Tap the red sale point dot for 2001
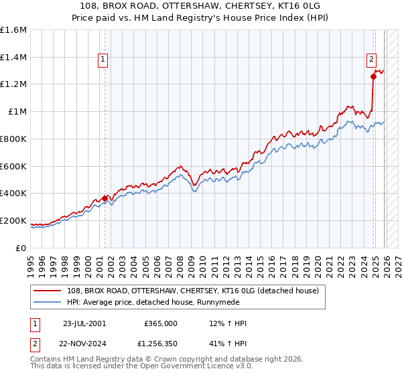pos(105,198)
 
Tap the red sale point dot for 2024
pos(373,76)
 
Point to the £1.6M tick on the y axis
pos(13,30)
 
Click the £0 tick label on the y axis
pos(21,248)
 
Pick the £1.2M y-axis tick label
pos(13,84)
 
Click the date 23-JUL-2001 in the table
pos(84,323)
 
